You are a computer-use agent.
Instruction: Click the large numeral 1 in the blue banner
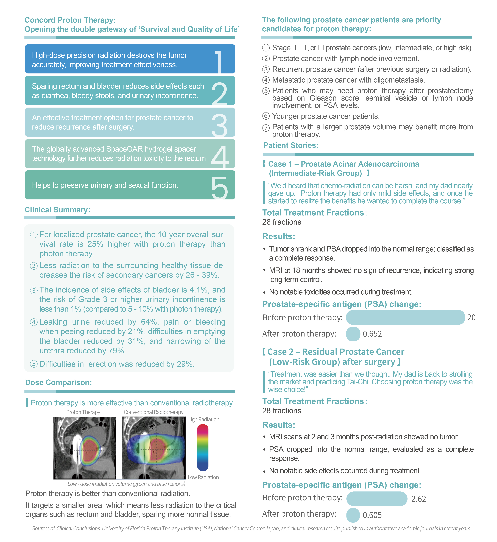[x=219, y=62]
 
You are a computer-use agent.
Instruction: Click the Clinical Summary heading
[x=57, y=210]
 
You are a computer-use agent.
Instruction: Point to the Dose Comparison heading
[x=58, y=382]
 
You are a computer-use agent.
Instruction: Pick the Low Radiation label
[x=203, y=477]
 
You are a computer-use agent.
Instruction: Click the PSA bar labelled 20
[x=405, y=318]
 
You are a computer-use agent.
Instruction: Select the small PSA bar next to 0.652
[x=353, y=334]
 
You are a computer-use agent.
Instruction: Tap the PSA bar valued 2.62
[x=377, y=499]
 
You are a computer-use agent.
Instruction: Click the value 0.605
[x=372, y=515]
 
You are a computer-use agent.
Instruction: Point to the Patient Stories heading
[x=291, y=145]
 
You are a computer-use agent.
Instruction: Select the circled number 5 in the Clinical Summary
[x=34, y=364]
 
